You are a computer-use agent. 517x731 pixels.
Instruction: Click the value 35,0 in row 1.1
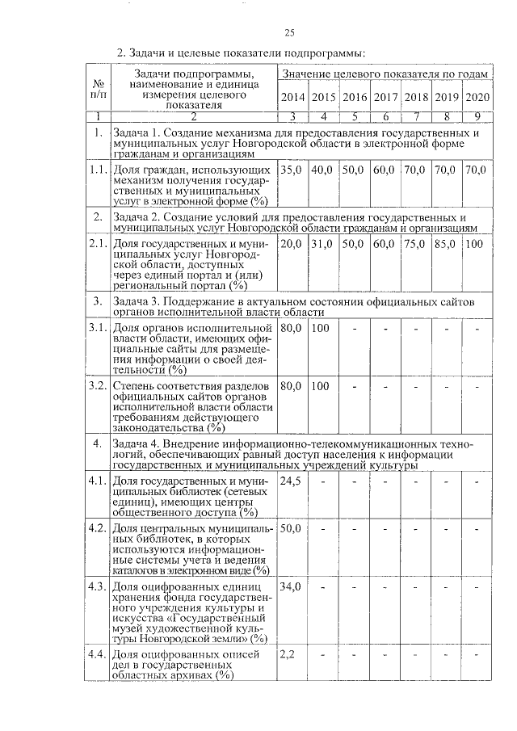pyautogui.click(x=292, y=170)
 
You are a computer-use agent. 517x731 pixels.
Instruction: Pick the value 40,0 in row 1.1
pyautogui.click(x=323, y=170)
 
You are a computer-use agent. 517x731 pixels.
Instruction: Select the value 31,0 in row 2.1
pyautogui.click(x=323, y=243)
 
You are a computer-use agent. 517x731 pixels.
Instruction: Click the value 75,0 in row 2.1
pyautogui.click(x=415, y=243)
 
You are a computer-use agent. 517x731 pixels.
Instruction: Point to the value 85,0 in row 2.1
pyautogui.click(x=446, y=243)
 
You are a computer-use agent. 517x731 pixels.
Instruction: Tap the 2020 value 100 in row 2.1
pyautogui.click(x=476, y=243)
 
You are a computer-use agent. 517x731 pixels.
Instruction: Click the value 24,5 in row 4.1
pyautogui.click(x=290, y=481)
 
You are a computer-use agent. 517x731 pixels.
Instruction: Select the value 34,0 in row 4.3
pyautogui.click(x=291, y=586)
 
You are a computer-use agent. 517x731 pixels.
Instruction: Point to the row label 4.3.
pyautogui.click(x=98, y=586)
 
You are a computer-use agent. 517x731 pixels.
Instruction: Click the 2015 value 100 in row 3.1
pyautogui.click(x=321, y=329)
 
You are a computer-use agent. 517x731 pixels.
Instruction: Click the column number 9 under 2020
pyautogui.click(x=477, y=116)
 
